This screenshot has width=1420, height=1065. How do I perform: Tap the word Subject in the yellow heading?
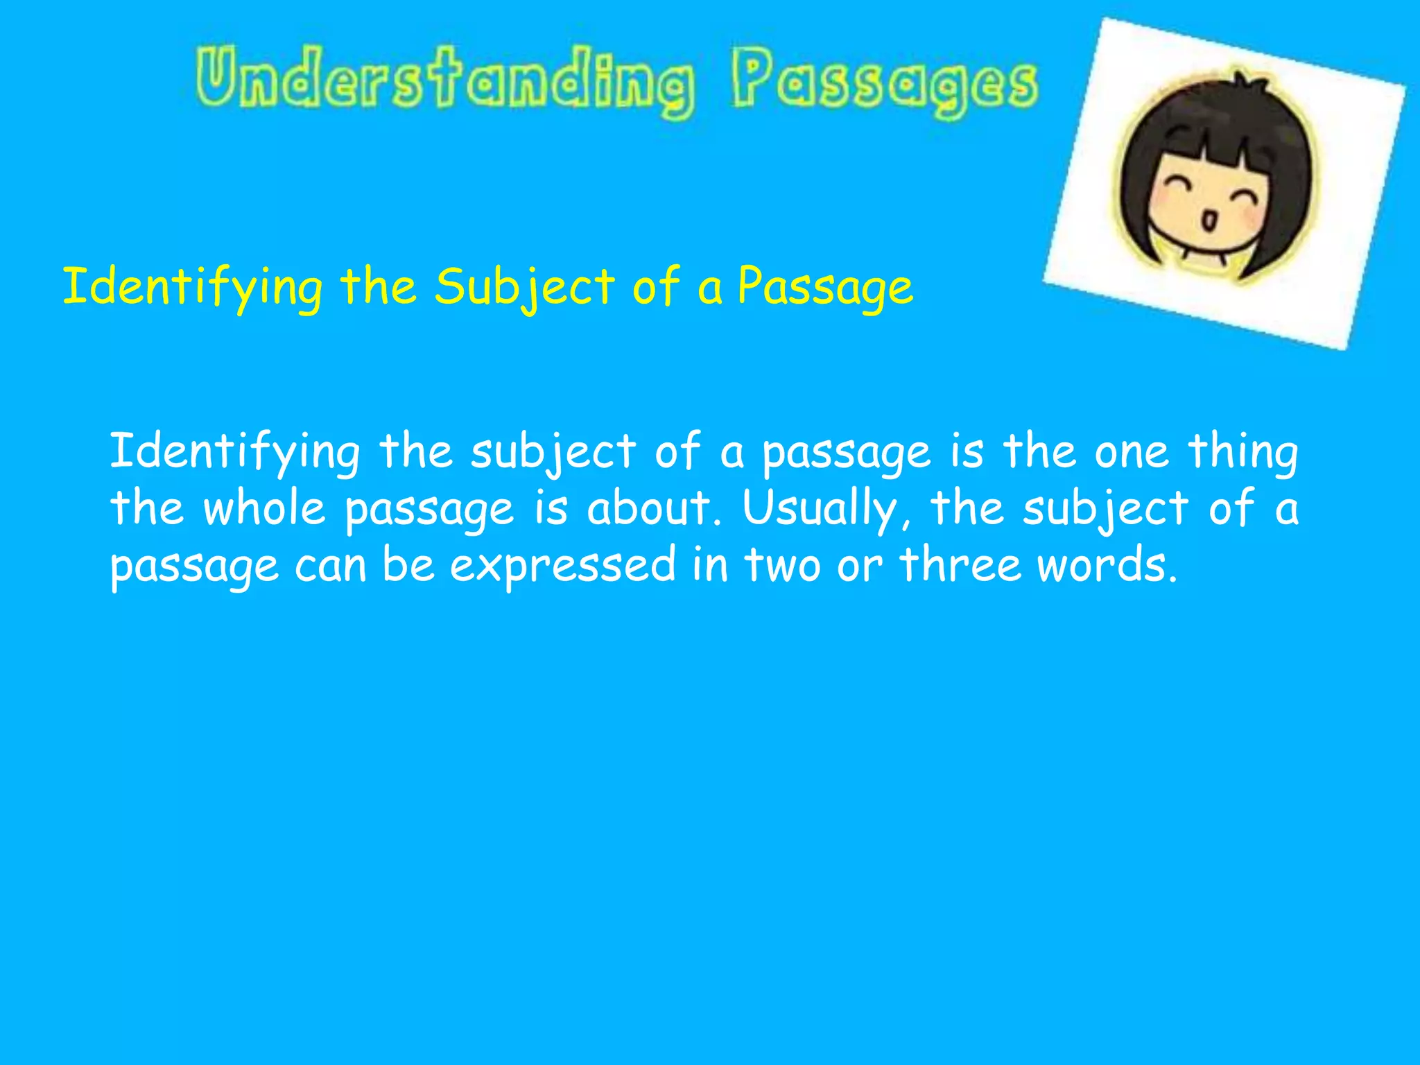(x=524, y=287)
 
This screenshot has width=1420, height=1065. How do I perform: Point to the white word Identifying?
(x=234, y=452)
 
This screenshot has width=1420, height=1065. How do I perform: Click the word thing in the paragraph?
(x=1242, y=452)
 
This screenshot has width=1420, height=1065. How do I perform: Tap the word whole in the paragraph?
(x=263, y=508)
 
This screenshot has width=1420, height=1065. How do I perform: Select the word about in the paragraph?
(x=649, y=508)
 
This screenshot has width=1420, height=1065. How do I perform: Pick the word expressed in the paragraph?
(x=562, y=566)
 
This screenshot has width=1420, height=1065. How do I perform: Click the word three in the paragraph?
(x=960, y=564)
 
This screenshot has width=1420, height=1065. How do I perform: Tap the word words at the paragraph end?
(x=1107, y=564)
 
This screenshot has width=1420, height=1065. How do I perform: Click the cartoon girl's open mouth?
(x=1209, y=222)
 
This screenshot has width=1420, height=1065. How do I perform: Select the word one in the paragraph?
(x=1132, y=452)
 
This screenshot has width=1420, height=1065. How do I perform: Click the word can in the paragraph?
(x=330, y=566)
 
